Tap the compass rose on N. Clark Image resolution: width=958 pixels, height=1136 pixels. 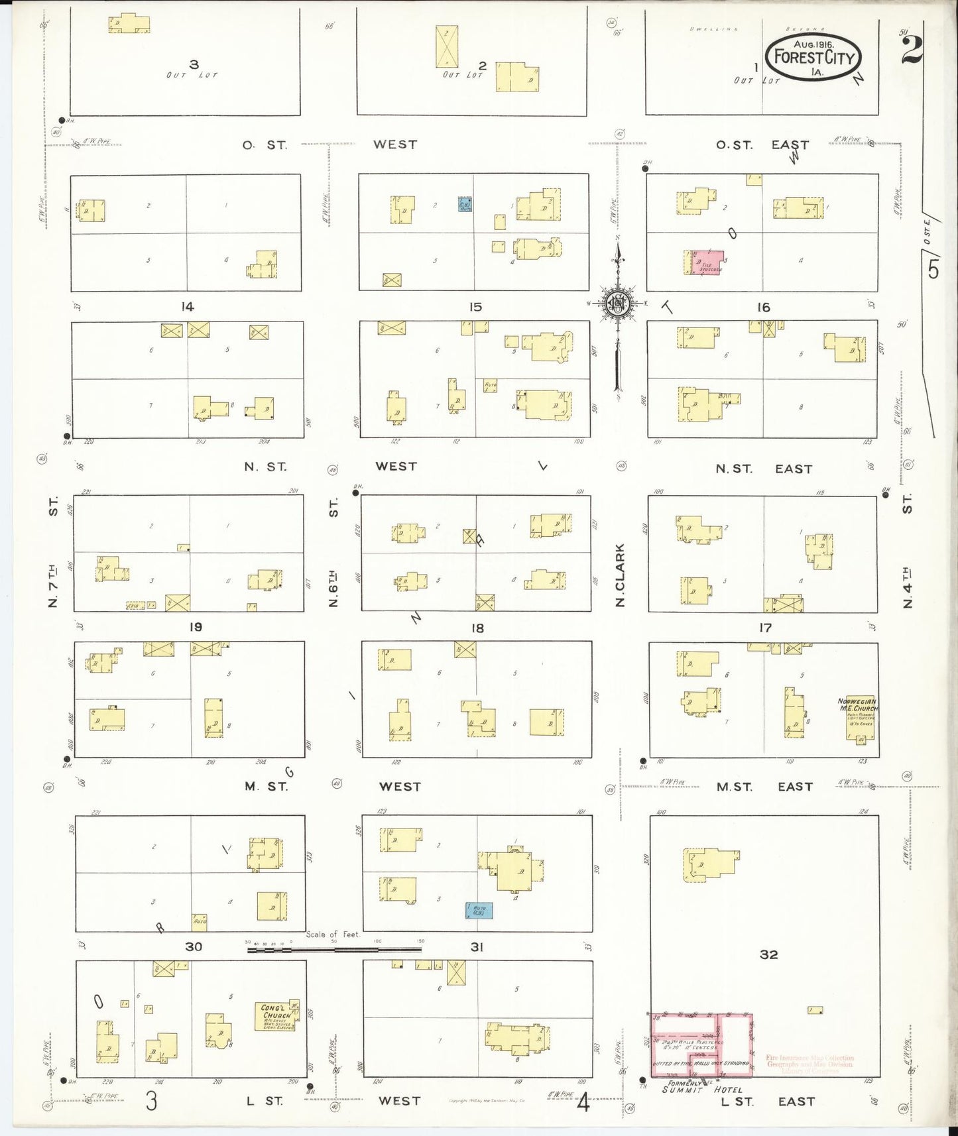(617, 304)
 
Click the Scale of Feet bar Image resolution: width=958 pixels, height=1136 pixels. (334, 950)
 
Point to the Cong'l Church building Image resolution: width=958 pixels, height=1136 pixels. (276, 1016)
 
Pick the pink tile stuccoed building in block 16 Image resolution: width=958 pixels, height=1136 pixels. (707, 262)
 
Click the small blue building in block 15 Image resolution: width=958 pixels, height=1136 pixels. (465, 204)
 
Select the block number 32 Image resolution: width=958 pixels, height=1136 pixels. (768, 954)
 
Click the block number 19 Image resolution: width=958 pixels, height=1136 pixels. (196, 627)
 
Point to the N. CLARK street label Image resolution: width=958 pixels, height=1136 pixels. (620, 575)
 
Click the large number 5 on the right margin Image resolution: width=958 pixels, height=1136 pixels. (933, 270)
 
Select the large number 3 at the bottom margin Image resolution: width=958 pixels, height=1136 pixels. (152, 1101)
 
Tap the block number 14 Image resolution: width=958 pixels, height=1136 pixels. (188, 306)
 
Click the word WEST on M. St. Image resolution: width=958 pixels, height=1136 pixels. (400, 787)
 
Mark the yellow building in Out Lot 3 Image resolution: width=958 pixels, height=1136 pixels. (129, 24)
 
